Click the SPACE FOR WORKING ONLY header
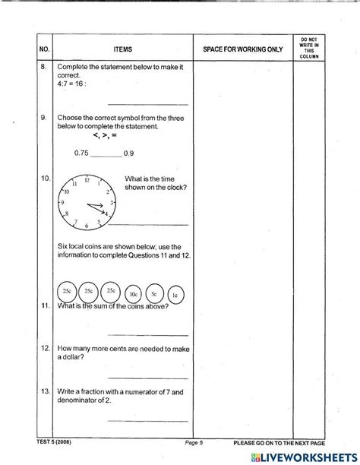(243, 49)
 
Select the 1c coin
(175, 293)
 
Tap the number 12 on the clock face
(87, 181)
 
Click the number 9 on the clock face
(63, 204)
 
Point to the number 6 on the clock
(87, 226)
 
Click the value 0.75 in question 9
(81, 153)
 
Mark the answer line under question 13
(147, 420)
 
